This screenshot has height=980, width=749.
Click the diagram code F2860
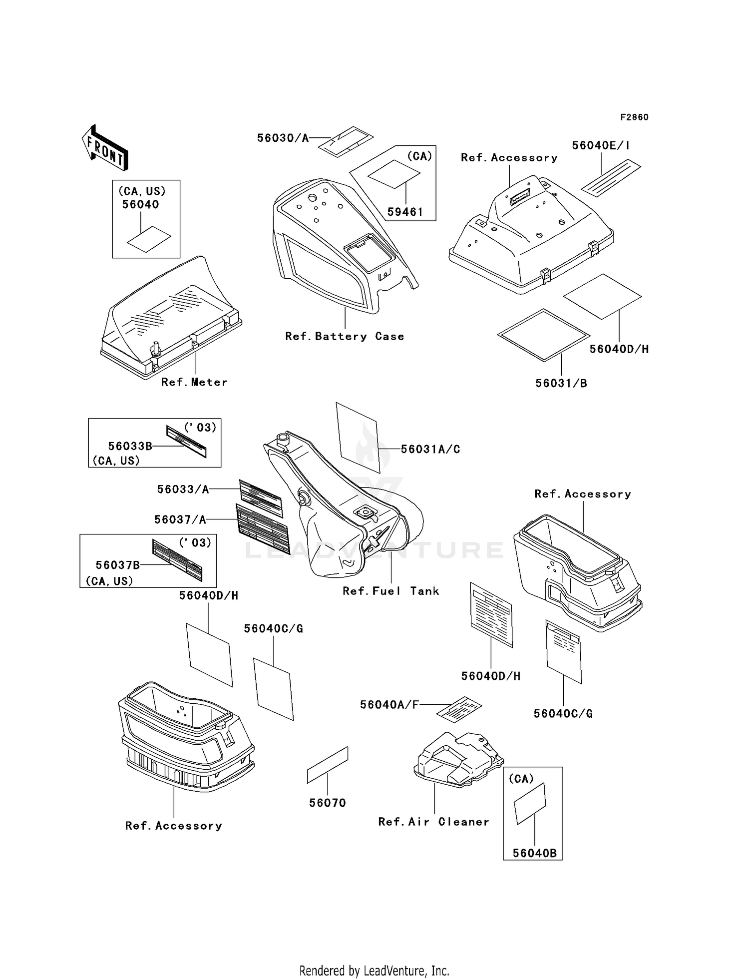click(x=634, y=117)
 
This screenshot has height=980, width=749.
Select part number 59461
click(x=405, y=212)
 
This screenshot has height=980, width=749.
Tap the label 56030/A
click(x=283, y=138)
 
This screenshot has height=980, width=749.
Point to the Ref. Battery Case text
click(x=345, y=337)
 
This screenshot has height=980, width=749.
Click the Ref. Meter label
click(x=194, y=382)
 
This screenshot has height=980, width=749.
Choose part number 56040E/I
click(x=601, y=145)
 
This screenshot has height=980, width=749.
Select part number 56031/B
click(x=561, y=383)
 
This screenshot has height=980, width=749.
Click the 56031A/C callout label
click(x=430, y=449)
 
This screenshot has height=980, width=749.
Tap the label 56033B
click(x=130, y=446)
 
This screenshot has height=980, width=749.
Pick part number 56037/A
click(x=180, y=519)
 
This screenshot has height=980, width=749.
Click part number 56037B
click(x=118, y=565)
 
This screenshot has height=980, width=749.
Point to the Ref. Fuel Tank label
click(x=391, y=591)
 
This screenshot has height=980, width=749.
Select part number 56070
click(x=328, y=803)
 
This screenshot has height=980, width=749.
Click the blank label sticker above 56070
click(x=328, y=765)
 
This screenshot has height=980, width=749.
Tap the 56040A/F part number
click(x=389, y=705)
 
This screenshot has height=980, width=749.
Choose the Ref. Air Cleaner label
click(x=433, y=822)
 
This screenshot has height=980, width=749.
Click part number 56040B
click(x=535, y=853)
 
